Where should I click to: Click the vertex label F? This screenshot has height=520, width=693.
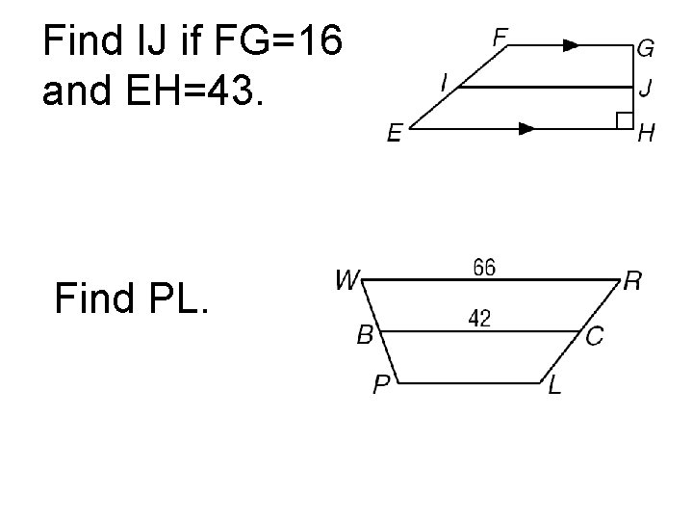pos(500,38)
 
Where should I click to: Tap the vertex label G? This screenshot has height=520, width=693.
pos(645,48)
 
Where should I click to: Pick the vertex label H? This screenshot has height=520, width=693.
pos(648,135)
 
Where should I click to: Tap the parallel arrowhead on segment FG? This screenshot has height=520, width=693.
pos(570,44)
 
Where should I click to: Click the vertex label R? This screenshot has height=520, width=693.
pos(633,280)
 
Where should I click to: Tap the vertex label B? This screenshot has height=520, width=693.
pos(365,335)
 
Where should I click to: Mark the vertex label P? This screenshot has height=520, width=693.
pos(382,386)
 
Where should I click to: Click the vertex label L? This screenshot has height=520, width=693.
pos(555,386)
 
